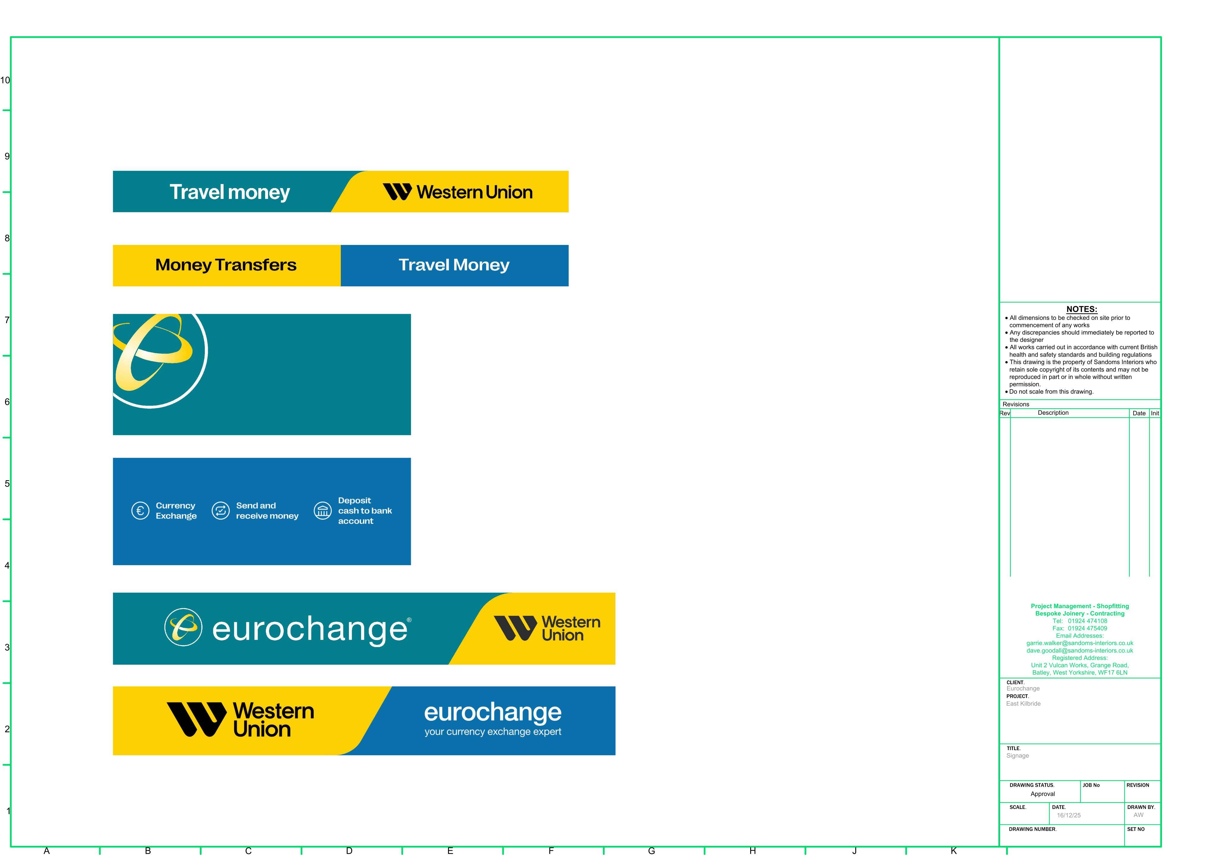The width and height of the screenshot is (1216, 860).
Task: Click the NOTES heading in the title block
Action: [x=1082, y=309]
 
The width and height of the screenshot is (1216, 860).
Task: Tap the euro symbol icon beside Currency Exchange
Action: [x=140, y=511]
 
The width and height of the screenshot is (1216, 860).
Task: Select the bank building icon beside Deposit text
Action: [x=322, y=511]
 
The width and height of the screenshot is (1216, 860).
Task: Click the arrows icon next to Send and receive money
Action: [x=221, y=511]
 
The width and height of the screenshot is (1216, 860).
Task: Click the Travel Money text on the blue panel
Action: [x=454, y=265]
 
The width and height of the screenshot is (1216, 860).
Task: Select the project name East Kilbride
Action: [x=1023, y=704]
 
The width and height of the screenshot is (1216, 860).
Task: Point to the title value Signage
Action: [x=1017, y=755]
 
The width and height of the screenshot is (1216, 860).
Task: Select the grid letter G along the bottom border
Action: [x=651, y=851]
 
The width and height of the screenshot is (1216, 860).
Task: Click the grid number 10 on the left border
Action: [x=5, y=80]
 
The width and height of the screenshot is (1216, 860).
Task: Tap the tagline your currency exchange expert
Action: [x=493, y=732]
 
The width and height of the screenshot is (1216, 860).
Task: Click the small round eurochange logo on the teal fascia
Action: [x=183, y=627]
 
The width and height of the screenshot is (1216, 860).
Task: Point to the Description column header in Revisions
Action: [x=1053, y=413]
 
